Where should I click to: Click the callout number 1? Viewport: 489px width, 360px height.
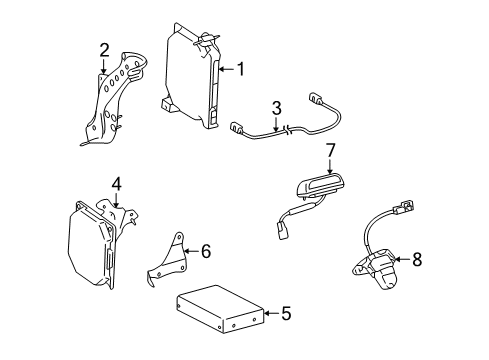pos(240,69)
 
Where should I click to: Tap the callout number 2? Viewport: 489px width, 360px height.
pos(104,50)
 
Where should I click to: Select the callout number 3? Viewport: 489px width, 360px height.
pos(276,108)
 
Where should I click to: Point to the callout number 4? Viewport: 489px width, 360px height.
pos(116,184)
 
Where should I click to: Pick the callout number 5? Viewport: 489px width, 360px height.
pos(286,313)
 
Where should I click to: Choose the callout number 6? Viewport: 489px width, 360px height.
pos(206,251)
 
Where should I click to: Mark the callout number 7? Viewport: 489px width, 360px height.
pos(330,151)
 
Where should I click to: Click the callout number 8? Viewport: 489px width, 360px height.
pos(417,259)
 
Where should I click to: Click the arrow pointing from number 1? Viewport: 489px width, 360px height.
pos(227,69)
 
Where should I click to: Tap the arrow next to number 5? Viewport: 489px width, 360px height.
pos(272,313)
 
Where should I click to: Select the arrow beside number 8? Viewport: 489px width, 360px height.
pos(402,259)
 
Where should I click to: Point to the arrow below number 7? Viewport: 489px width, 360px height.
pos(330,167)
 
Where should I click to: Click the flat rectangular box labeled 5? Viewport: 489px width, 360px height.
pos(220,309)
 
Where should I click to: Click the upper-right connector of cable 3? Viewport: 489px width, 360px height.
pos(316,98)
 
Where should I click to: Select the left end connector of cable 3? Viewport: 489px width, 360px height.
pos(236,127)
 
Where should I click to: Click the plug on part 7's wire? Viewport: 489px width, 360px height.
pos(282,231)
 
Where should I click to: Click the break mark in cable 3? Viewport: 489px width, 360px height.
pos(288,130)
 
